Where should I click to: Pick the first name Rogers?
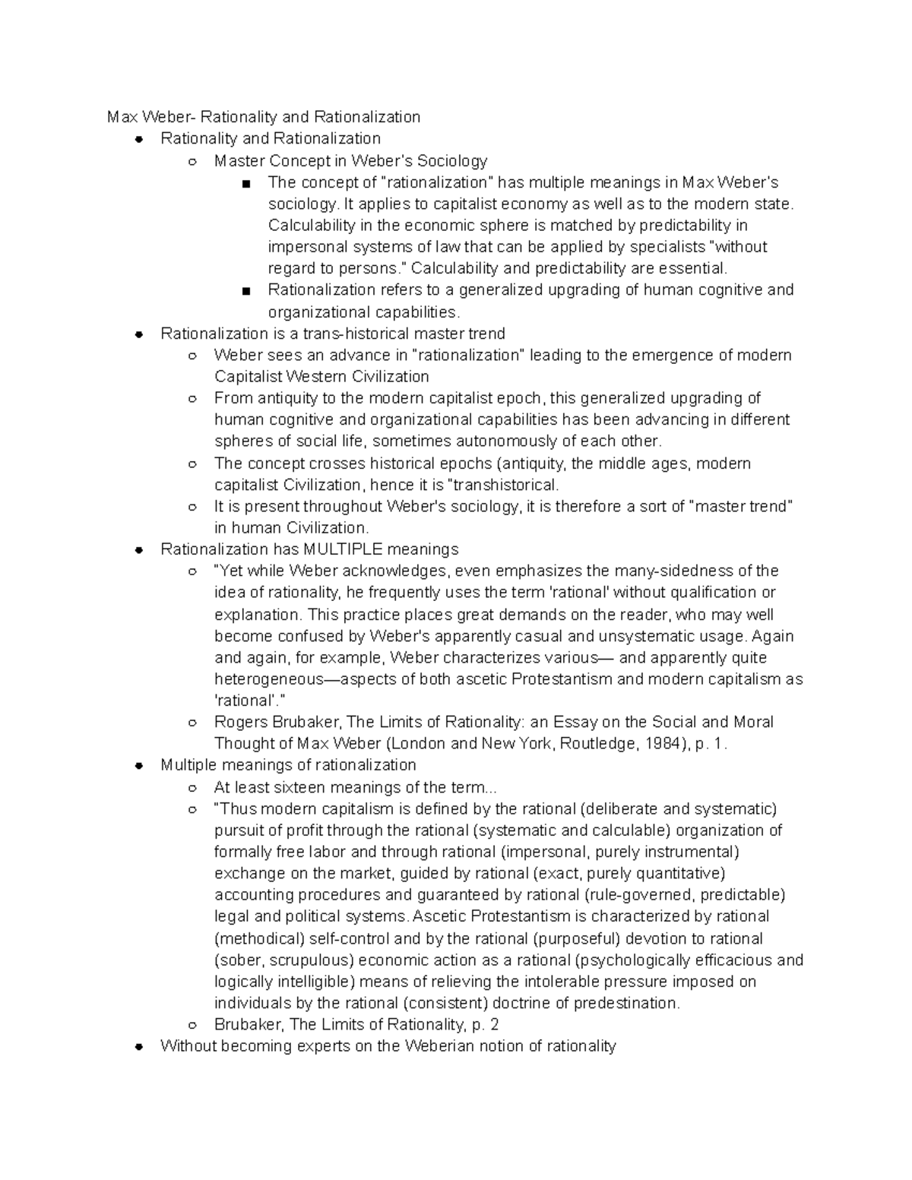coord(240,722)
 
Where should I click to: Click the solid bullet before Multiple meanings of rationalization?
coord(138,766)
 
